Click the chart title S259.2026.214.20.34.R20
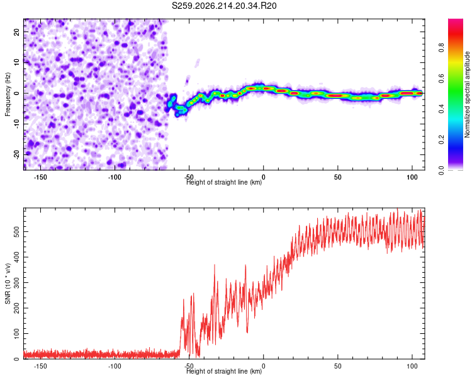pos(224,6)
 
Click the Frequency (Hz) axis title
pos(8,94)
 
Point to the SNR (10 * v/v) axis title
pos(8,283)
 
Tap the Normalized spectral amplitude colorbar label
pos(467,94)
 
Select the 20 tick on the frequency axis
pos(16,31)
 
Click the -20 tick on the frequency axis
pos(16,154)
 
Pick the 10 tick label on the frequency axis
pos(16,62)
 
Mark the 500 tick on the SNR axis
pos(16,231)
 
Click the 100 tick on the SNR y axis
pos(16,333)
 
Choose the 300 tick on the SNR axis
pos(16,282)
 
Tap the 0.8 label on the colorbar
pos(441,48)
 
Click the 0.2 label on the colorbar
pos(441,140)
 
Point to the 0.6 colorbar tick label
pos(441,78)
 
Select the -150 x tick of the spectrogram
pos(40,177)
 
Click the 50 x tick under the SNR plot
pos(338,366)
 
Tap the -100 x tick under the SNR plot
pos(115,366)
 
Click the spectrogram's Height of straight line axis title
pos(224,182)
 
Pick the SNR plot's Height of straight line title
pos(224,371)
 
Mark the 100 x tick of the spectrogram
pos(412,177)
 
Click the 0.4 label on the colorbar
pos(441,109)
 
